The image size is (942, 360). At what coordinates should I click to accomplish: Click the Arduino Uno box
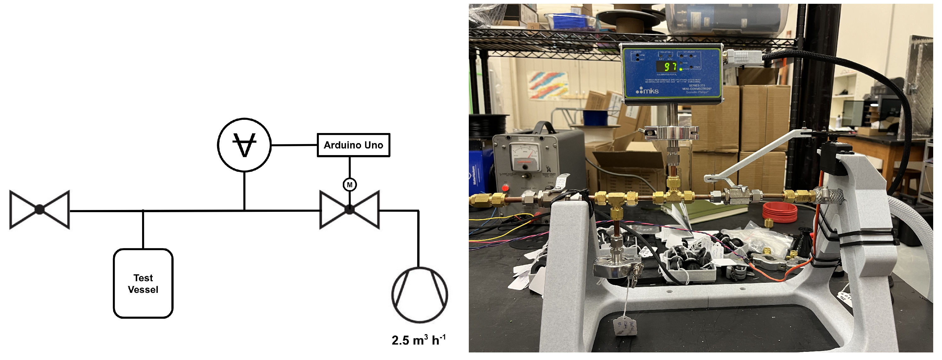tap(353, 145)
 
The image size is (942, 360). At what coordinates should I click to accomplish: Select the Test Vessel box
tap(143, 283)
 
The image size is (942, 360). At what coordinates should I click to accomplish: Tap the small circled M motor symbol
tap(350, 185)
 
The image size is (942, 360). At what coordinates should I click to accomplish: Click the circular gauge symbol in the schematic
tap(244, 145)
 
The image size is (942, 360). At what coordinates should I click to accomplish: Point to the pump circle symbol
tap(419, 295)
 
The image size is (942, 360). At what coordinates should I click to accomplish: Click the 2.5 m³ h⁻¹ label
tap(418, 340)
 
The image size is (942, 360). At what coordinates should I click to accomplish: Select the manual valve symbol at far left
tap(39, 210)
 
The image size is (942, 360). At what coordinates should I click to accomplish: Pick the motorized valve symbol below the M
tap(350, 210)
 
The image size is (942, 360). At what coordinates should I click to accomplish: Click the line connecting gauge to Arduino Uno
tap(294, 145)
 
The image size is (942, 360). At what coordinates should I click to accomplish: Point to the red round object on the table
tap(780, 212)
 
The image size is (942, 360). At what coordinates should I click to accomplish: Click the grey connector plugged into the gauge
tap(742, 57)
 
